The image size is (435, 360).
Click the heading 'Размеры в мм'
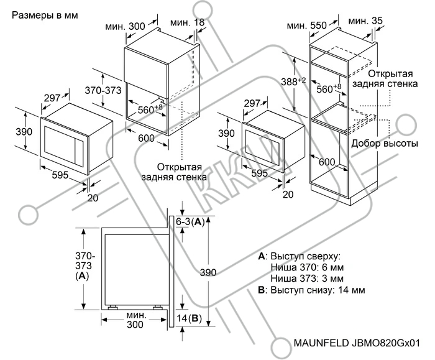(45, 16)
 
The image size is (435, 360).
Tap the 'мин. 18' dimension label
(187, 22)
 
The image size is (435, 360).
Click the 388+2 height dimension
(293, 81)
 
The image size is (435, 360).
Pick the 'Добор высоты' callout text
(385, 144)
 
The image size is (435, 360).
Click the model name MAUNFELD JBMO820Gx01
(357, 343)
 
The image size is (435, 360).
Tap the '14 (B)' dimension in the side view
(189, 318)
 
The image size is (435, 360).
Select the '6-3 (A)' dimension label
(190, 222)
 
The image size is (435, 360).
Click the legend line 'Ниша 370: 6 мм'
(307, 267)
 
